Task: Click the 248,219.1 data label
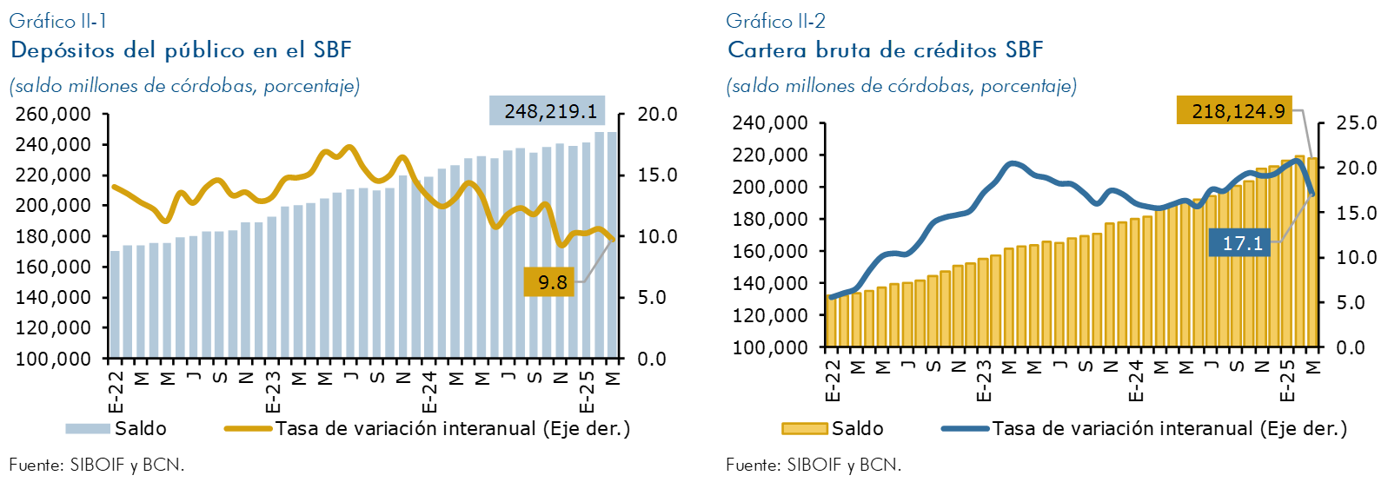tap(547, 111)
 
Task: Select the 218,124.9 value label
tap(1234, 111)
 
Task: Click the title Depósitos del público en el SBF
tap(181, 50)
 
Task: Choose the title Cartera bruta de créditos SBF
tap(885, 50)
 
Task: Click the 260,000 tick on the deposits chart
tap(54, 115)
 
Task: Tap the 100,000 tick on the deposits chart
tap(54, 359)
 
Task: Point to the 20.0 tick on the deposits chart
tap(657, 115)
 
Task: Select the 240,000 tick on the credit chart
tap(770, 123)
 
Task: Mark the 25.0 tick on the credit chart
tap(1356, 123)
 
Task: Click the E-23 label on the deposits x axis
tap(273, 393)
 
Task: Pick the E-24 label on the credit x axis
tap(1135, 382)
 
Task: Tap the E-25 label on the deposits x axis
tap(587, 393)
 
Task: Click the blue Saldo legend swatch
tap(88, 428)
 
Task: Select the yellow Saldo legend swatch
tap(804, 428)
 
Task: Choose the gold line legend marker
tap(248, 428)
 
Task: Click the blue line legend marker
tap(965, 428)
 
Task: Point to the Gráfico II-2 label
tap(775, 21)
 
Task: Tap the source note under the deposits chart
tap(96, 465)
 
